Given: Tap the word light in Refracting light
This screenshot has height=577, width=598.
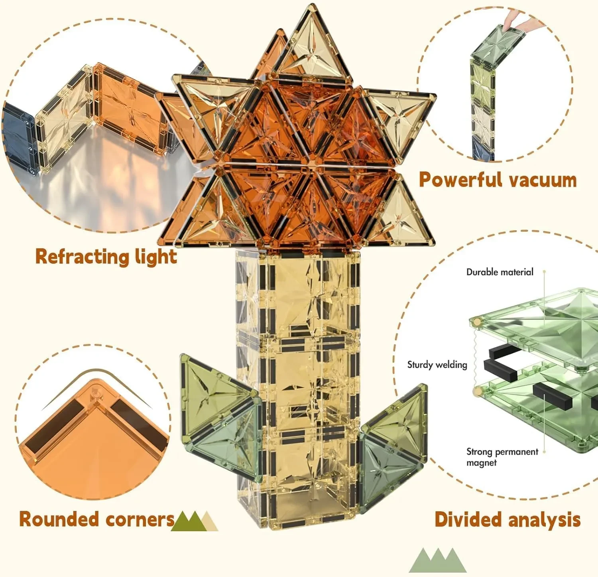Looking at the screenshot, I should pyautogui.click(x=155, y=257).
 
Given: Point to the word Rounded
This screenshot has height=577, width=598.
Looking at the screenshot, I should pyautogui.click(x=58, y=519).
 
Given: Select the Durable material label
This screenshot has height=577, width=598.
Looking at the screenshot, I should pyautogui.click(x=500, y=272).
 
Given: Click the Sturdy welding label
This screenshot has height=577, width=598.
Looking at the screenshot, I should pyautogui.click(x=437, y=365).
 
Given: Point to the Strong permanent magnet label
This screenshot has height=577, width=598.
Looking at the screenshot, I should pyautogui.click(x=502, y=457).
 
